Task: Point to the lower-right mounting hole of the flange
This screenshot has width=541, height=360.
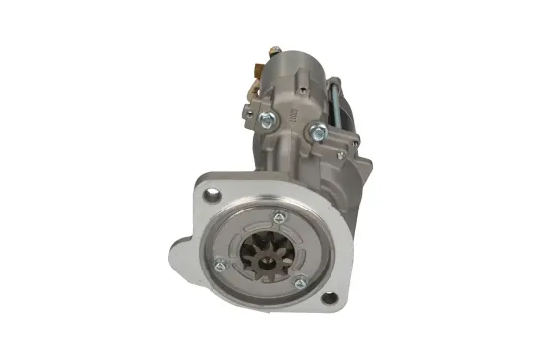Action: pos(328,298)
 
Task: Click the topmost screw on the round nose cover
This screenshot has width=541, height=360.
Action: pos(278,217)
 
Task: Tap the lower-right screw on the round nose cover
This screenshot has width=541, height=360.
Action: pos(300,283)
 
